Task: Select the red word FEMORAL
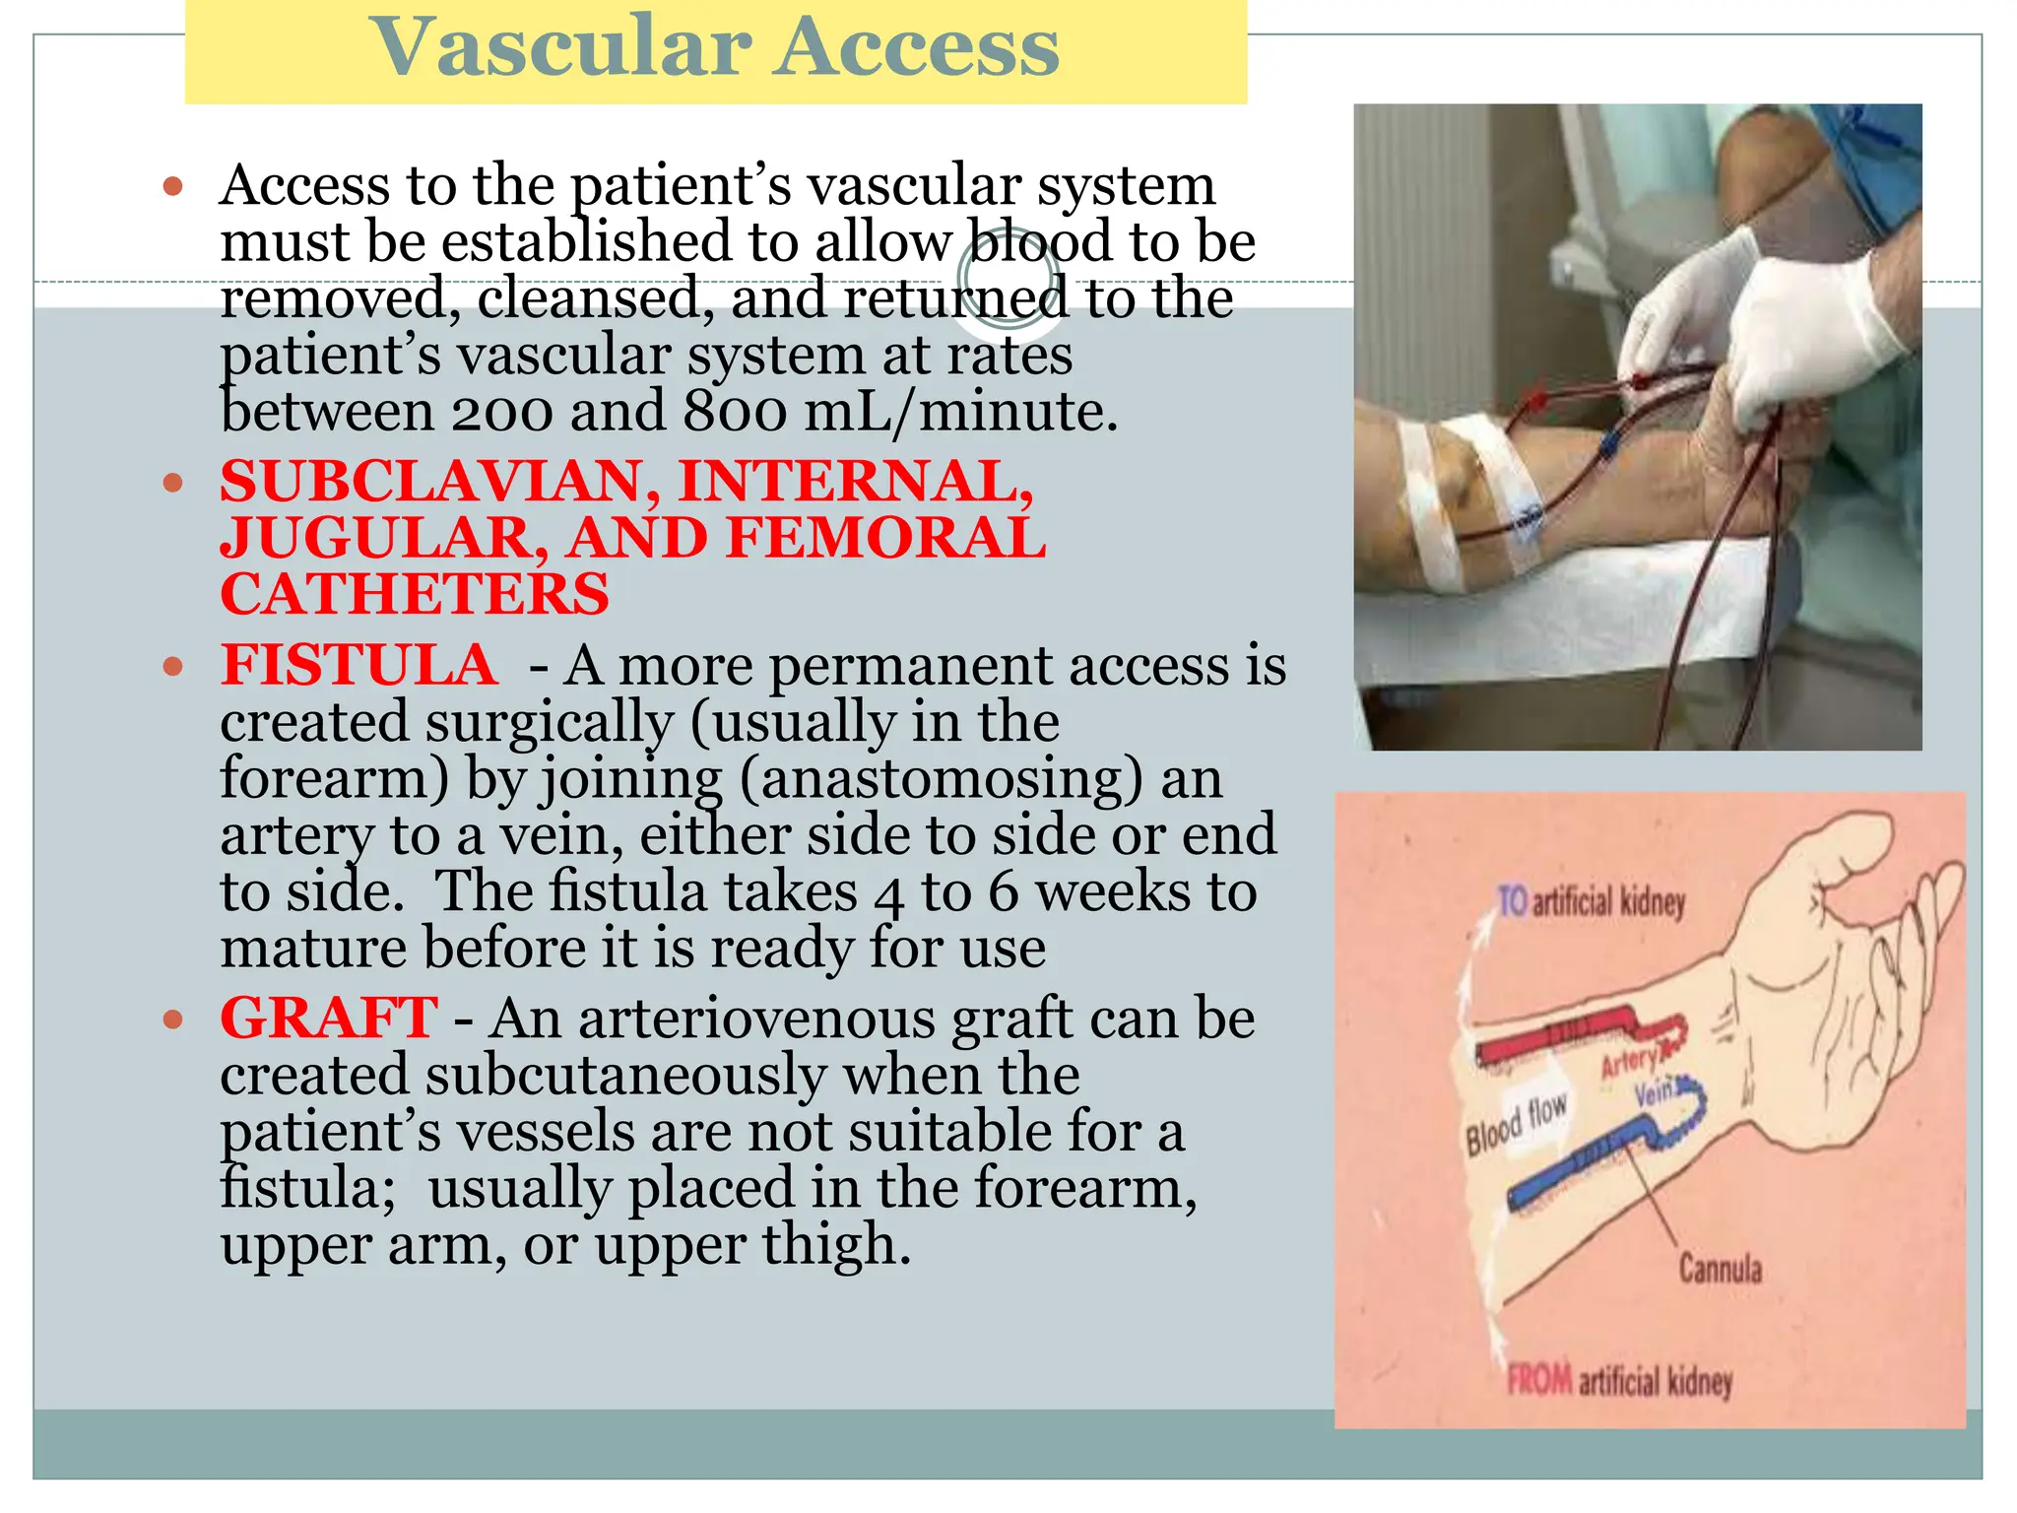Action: (885, 539)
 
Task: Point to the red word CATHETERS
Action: (415, 595)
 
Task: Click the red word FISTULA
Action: (358, 665)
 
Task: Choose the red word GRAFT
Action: (328, 1018)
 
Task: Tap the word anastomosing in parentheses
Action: (942, 778)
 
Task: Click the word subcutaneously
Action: (625, 1075)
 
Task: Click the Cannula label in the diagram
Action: (1720, 1268)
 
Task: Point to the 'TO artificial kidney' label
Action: (1591, 901)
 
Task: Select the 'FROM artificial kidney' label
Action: (1619, 1381)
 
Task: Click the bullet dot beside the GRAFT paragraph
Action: (173, 1019)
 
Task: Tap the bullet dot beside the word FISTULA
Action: (173, 667)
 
